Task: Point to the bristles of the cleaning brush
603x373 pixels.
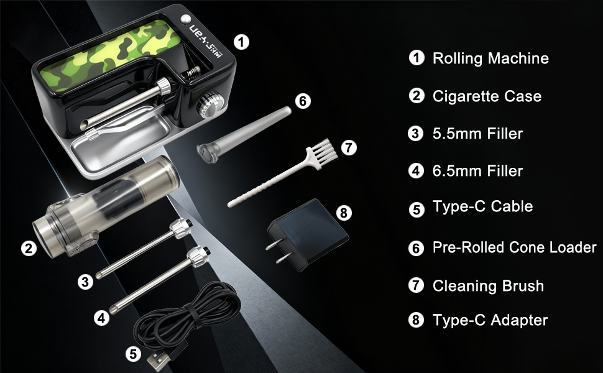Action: [323, 152]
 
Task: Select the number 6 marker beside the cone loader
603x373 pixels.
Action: [302, 101]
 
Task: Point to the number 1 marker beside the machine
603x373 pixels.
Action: [241, 42]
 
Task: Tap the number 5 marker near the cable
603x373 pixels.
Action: [132, 354]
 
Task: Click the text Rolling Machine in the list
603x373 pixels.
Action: [490, 58]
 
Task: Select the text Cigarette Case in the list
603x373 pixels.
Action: [487, 96]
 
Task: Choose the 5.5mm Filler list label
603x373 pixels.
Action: [477, 133]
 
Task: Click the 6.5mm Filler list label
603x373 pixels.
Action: [477, 170]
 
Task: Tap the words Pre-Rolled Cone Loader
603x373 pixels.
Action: [514, 247]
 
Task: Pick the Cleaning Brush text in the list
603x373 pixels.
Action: [488, 285]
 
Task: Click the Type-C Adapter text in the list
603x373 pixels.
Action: [490, 320]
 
